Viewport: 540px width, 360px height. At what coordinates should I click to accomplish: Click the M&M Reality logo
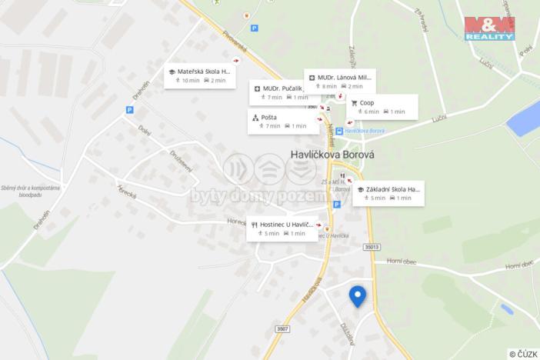pos(489,28)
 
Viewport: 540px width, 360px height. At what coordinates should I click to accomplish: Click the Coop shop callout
pos(382,107)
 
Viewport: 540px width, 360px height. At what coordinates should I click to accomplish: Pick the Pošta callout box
pos(282,121)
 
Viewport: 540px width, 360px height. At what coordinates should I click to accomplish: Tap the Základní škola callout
pos(388,193)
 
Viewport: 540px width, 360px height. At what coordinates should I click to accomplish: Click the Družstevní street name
pos(181,159)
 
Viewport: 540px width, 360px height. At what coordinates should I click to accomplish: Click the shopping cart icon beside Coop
pos(355,102)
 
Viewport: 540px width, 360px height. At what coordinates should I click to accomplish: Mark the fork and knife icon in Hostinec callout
pos(255,224)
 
